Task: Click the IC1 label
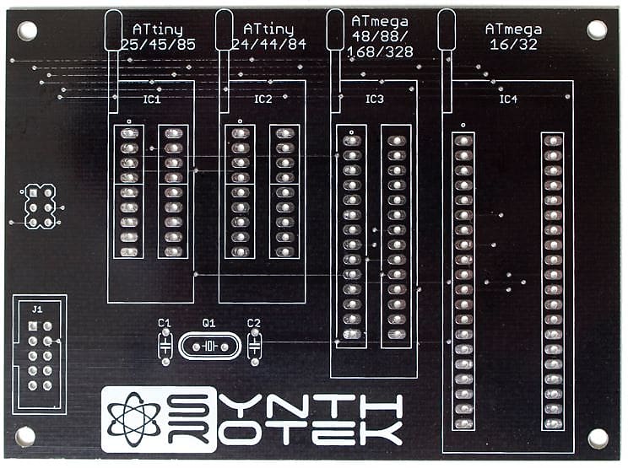[152, 99]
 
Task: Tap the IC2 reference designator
[263, 99]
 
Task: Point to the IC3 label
[375, 99]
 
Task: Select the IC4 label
[508, 99]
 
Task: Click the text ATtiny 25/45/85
[158, 37]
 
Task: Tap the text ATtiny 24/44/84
[269, 37]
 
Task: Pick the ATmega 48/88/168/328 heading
[380, 36]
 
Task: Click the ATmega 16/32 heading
[513, 36]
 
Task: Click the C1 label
[165, 323]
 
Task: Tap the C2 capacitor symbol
[255, 346]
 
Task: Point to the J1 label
[37, 309]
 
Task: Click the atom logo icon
[133, 419]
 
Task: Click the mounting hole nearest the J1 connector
[24, 437]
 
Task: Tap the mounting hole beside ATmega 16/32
[597, 30]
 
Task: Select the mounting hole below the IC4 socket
[598, 438]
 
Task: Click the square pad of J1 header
[33, 326]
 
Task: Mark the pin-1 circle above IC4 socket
[463, 125]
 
